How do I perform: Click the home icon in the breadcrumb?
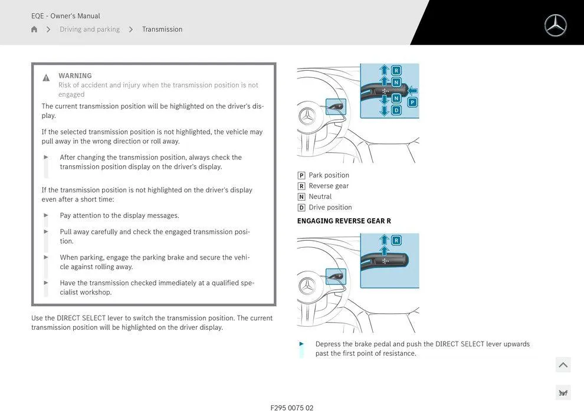[x=34, y=29]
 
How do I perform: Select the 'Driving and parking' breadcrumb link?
[x=90, y=29]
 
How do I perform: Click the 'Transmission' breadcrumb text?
[x=162, y=29]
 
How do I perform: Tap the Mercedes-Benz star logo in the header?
[x=555, y=25]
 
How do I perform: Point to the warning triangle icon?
[x=46, y=78]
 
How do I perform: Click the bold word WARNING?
[x=75, y=76]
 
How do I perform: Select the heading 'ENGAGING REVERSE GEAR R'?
[x=344, y=221]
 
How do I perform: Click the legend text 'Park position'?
[x=329, y=175]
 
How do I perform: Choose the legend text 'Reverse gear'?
[x=329, y=186]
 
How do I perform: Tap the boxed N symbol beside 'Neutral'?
[x=301, y=197]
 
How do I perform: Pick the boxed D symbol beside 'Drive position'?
[x=301, y=208]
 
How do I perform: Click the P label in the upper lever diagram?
[x=412, y=102]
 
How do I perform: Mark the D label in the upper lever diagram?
[x=396, y=110]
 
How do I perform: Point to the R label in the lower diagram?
[x=396, y=240]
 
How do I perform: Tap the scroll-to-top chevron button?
[x=563, y=365]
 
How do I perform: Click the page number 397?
[x=563, y=393]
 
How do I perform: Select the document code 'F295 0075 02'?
[x=292, y=408]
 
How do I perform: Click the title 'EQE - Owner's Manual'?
[x=65, y=16]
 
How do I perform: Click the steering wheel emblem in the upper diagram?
[x=307, y=116]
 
